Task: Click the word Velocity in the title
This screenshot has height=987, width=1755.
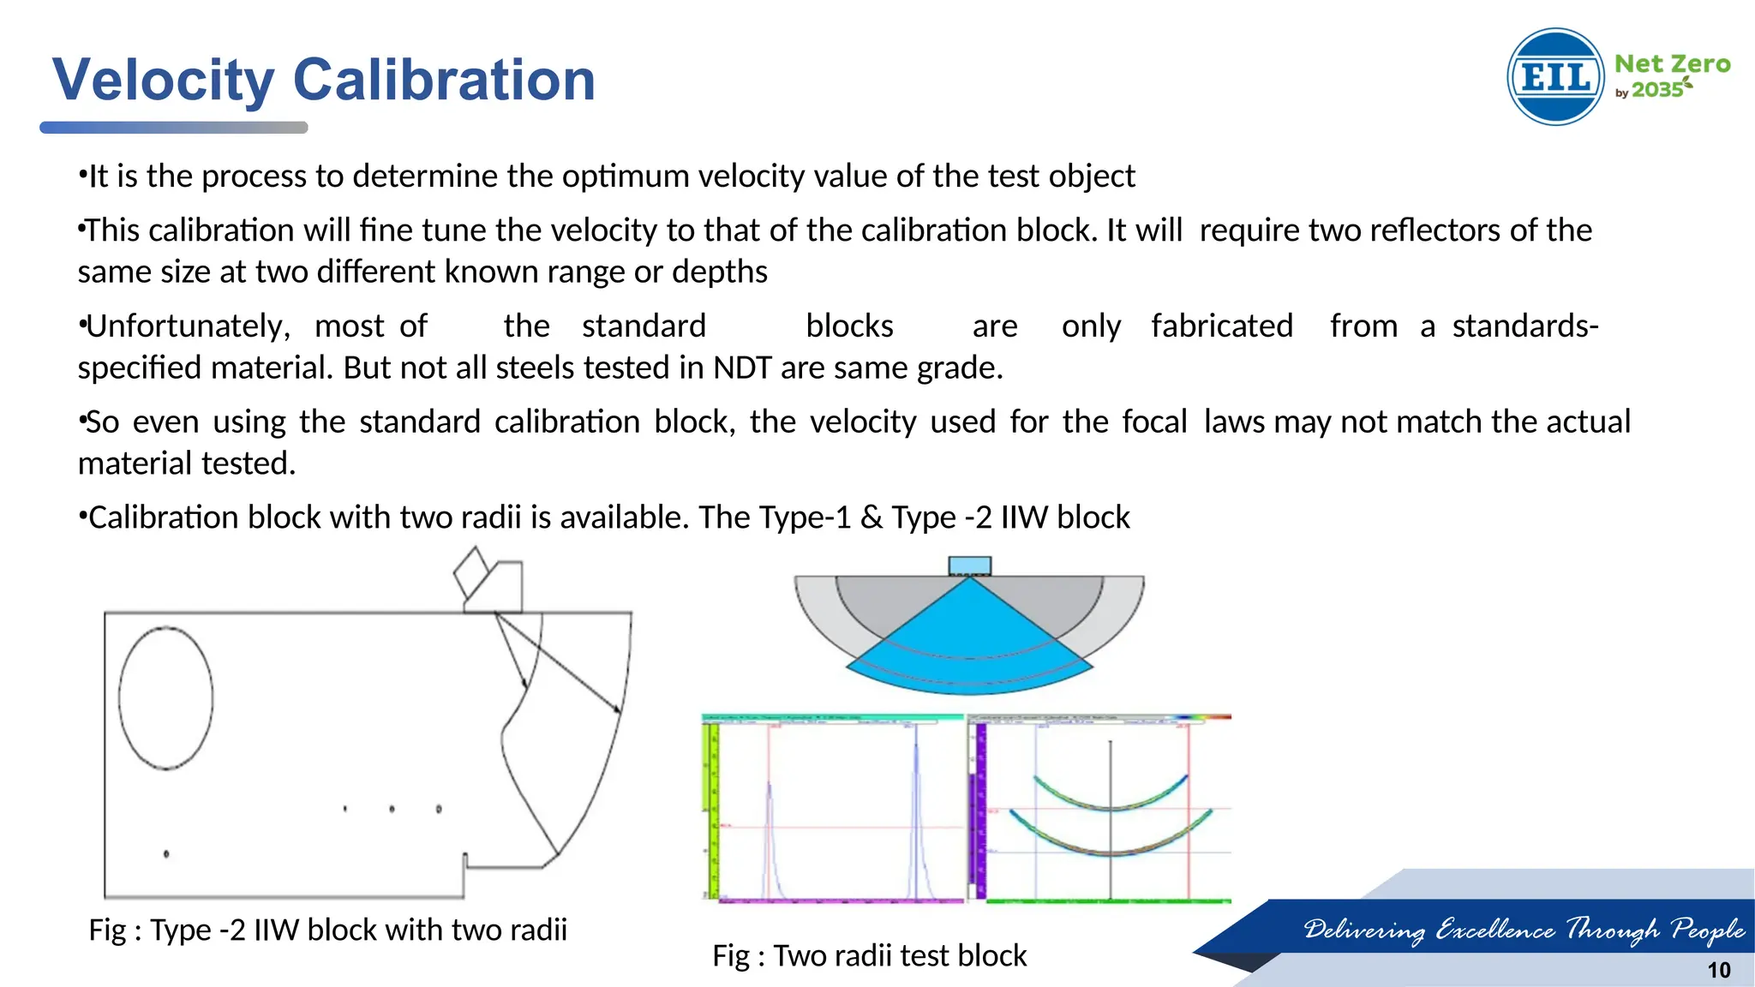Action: (x=163, y=80)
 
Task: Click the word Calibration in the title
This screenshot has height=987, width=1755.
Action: (x=444, y=80)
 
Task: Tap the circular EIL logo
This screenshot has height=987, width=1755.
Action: (x=1555, y=77)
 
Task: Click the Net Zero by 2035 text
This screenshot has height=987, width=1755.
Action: (x=1671, y=75)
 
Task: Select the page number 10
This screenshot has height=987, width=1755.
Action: (x=1718, y=970)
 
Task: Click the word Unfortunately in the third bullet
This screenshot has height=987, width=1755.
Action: (x=188, y=326)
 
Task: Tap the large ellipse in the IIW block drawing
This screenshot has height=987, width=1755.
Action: (x=165, y=698)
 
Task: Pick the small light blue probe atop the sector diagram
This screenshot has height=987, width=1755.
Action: (x=969, y=565)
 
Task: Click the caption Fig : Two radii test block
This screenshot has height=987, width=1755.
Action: (x=869, y=955)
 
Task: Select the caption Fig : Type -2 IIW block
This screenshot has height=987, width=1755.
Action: (x=327, y=930)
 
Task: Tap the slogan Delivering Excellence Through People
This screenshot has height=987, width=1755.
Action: (x=1524, y=929)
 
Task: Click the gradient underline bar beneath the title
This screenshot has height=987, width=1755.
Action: (x=173, y=128)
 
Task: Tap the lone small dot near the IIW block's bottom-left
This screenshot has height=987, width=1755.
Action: (x=166, y=853)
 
